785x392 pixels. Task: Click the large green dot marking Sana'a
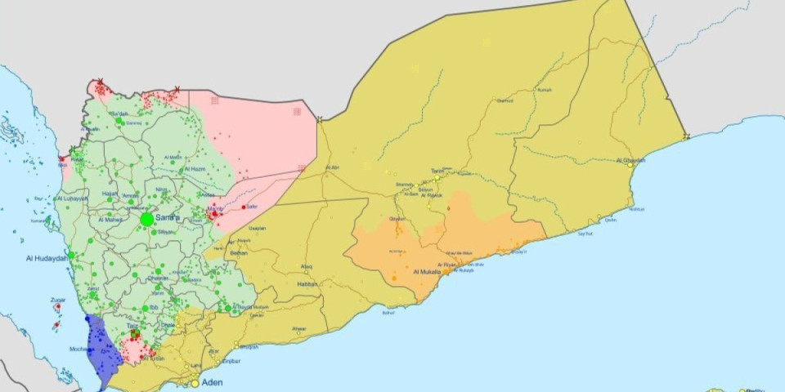[147, 220]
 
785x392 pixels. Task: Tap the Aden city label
[212, 382]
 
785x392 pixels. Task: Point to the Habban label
[307, 284]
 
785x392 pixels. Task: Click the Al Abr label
[332, 167]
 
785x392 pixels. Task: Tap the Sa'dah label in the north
[119, 114]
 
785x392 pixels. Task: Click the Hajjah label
[110, 194]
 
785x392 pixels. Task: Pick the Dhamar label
[158, 278]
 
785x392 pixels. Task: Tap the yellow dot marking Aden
[195, 382]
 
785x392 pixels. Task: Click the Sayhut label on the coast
[585, 234]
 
